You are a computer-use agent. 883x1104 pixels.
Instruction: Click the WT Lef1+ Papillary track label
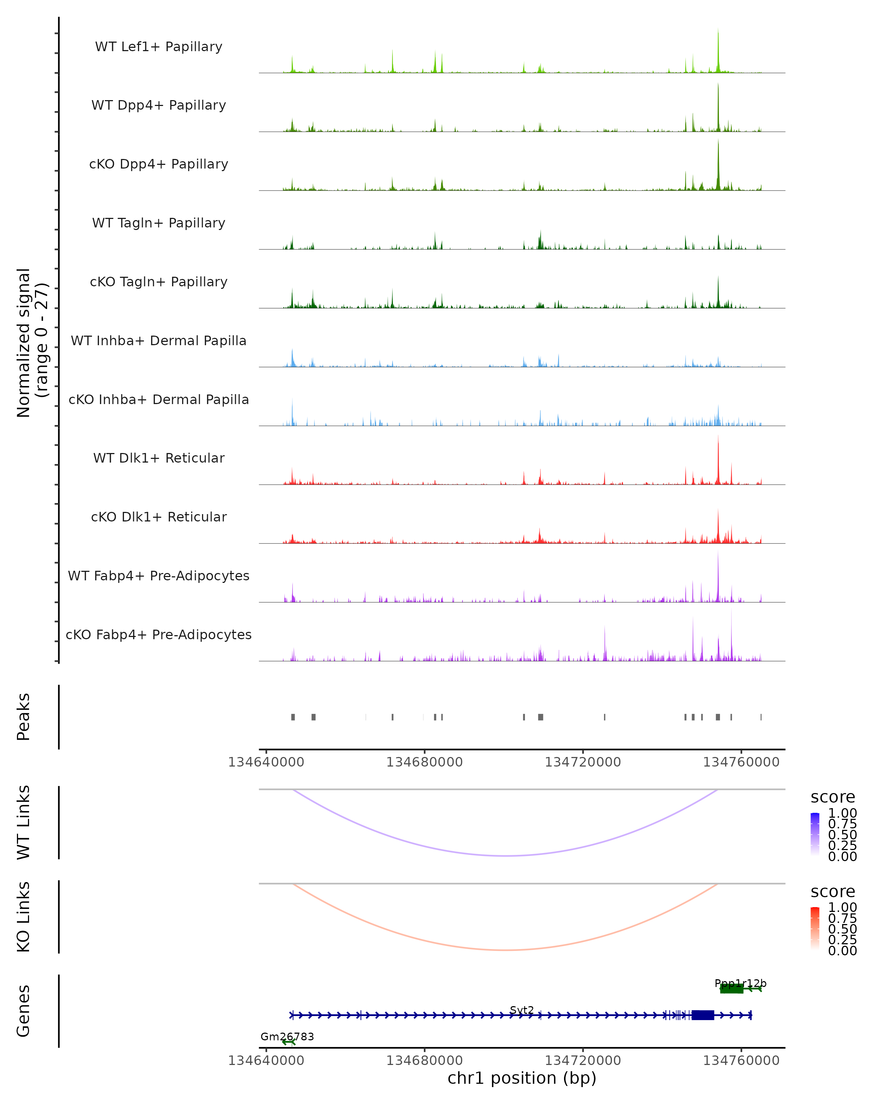tap(159, 47)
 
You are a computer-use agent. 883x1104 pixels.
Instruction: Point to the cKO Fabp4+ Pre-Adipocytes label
tap(159, 634)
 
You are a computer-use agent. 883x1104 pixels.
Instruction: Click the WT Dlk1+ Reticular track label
tap(159, 458)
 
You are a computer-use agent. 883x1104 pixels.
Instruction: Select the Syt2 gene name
tap(522, 1010)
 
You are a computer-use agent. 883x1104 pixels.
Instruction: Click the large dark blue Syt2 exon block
tap(703, 1015)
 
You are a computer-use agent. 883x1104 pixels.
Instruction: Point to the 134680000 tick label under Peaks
tap(424, 762)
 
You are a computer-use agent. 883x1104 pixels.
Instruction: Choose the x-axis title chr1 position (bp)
tap(522, 1078)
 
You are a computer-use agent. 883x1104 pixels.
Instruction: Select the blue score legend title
tap(832, 797)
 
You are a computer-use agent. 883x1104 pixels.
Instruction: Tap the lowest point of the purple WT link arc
tap(505, 856)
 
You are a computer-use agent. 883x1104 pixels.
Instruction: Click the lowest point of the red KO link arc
tap(505, 950)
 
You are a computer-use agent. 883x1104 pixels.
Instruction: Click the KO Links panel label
tap(24, 917)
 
